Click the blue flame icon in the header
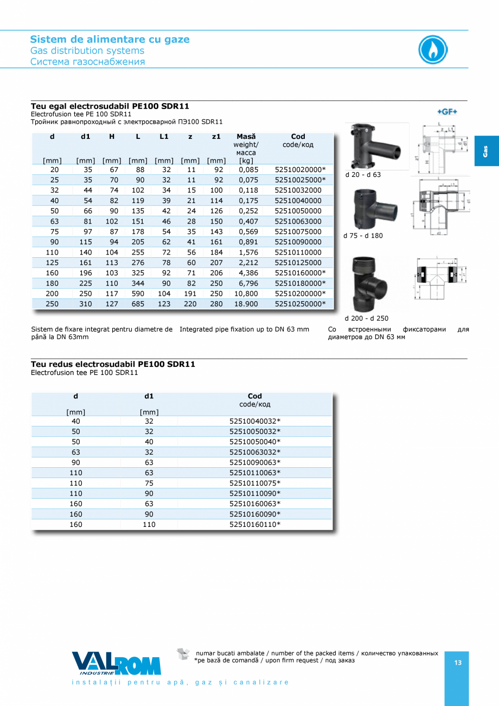click(x=433, y=50)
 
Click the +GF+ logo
click(x=447, y=111)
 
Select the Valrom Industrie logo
click(x=117, y=663)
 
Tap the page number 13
click(x=458, y=663)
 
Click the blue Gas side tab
click(x=487, y=151)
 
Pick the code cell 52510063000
click(x=298, y=221)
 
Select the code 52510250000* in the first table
click(x=300, y=304)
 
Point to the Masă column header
click(x=246, y=137)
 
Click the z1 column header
click(x=216, y=137)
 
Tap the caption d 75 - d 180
click(x=363, y=236)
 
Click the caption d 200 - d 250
click(x=366, y=319)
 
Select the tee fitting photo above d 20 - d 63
click(x=373, y=147)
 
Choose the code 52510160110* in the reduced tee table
click(x=255, y=524)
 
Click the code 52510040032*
click(x=255, y=421)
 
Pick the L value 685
click(x=138, y=304)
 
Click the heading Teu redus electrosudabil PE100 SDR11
click(x=113, y=364)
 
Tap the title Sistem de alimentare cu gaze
click(x=110, y=39)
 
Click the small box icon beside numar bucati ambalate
click(x=184, y=654)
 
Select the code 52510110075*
click(x=255, y=483)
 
